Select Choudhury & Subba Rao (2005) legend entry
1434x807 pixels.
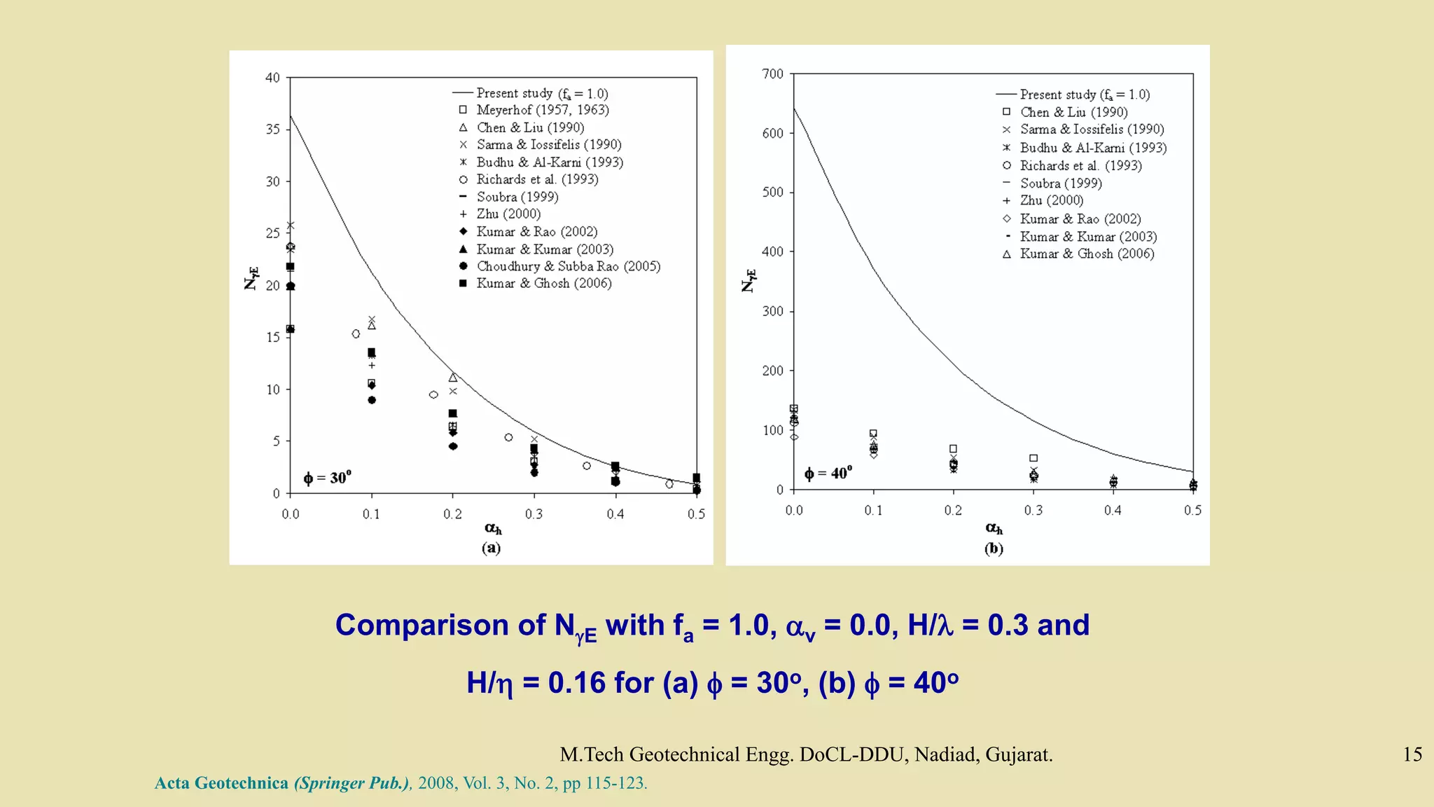568,266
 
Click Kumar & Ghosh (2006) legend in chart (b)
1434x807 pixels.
1086,254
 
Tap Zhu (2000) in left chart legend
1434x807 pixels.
508,214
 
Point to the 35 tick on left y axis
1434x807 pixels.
272,130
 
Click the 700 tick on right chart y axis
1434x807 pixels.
772,74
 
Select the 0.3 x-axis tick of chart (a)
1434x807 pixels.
534,514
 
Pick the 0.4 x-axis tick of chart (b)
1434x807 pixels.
1113,511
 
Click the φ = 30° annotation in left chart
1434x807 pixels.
327,478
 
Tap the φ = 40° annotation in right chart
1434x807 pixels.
828,474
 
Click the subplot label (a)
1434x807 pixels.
491,548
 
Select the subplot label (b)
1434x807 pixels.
994,549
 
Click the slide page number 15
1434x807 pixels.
1412,754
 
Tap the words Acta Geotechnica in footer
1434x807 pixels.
221,783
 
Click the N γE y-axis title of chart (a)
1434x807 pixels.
251,278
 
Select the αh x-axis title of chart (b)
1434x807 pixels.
994,528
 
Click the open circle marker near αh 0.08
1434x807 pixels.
356,334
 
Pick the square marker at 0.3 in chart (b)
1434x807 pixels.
1033,458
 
